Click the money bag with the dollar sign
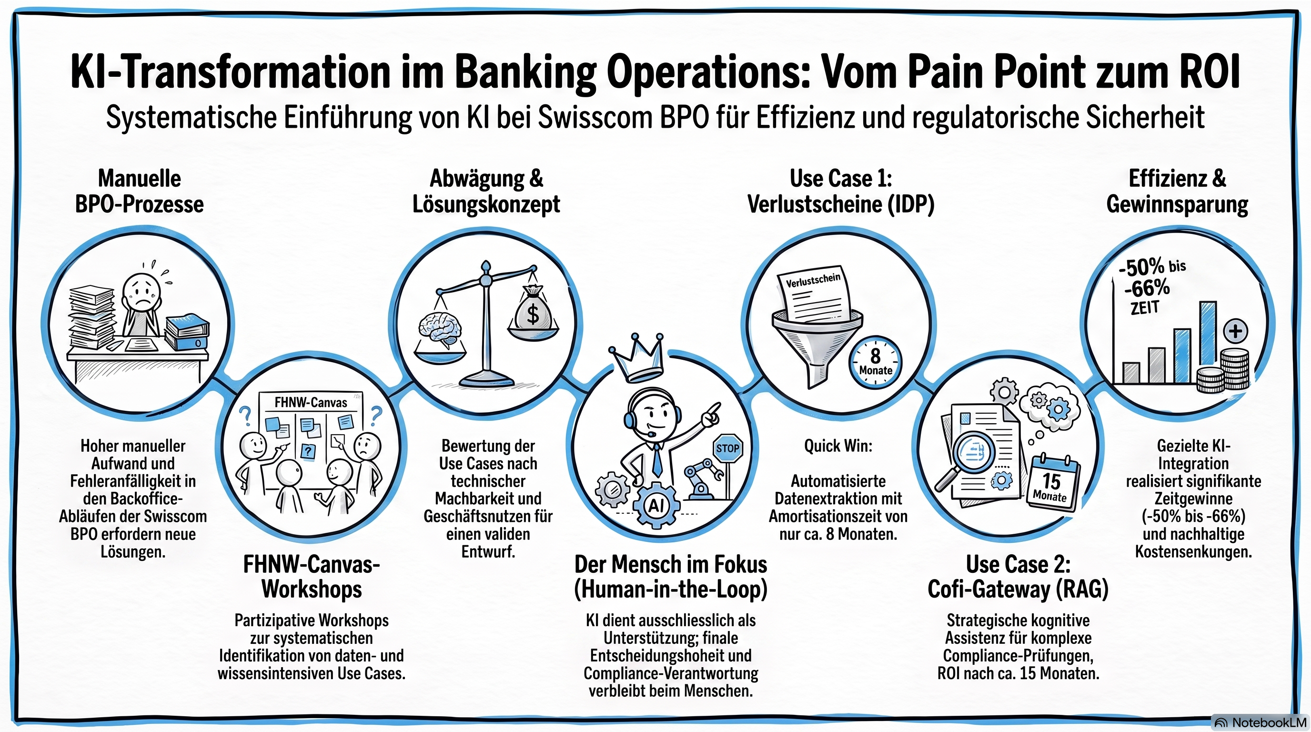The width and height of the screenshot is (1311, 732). tap(532, 308)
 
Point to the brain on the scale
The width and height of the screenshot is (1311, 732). tap(441, 329)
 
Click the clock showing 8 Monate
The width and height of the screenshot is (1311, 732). tap(876, 363)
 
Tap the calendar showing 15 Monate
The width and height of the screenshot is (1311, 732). tap(1053, 484)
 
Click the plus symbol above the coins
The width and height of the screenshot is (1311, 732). tap(1235, 331)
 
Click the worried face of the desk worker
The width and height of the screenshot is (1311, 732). tap(142, 295)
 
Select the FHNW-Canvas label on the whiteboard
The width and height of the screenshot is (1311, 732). tap(311, 402)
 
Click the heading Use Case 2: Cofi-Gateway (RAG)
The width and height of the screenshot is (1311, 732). tap(1018, 577)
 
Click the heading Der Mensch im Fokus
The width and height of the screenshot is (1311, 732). tap(671, 565)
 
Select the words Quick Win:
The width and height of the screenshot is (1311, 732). tap(837, 446)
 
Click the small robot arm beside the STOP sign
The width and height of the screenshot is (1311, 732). tap(703, 479)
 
